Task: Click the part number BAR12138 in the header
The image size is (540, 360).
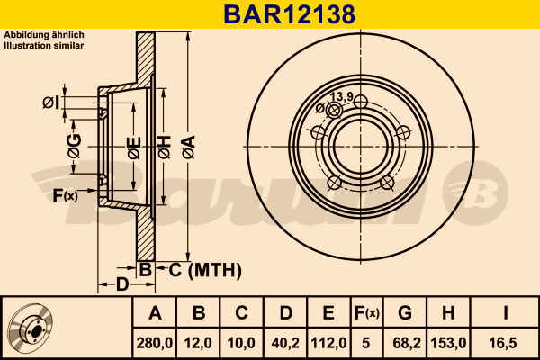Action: [289, 14]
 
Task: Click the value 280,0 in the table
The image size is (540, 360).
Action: [155, 343]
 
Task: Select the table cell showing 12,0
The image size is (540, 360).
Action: [198, 343]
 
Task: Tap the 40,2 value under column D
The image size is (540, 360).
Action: [285, 343]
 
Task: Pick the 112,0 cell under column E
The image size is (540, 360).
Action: [328, 343]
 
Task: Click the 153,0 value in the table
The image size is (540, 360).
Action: [448, 343]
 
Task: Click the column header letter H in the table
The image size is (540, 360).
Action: [448, 313]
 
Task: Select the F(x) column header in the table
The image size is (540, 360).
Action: [367, 313]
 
